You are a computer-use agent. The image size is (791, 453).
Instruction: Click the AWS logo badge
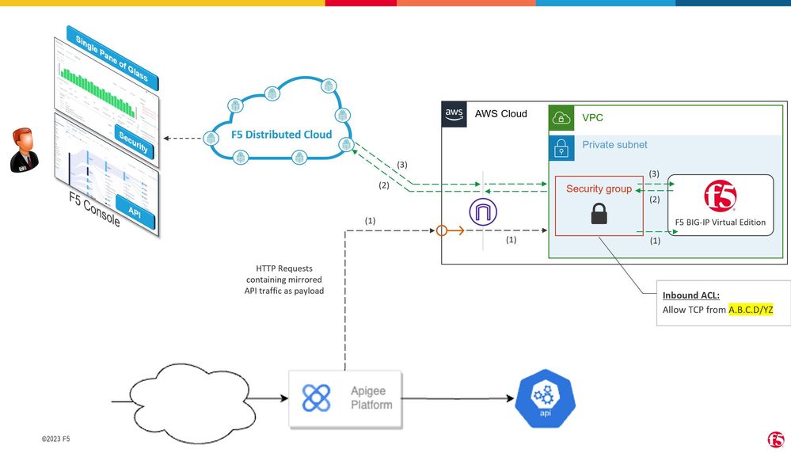pos(454,113)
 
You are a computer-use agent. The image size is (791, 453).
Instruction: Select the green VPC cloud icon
pos(561,118)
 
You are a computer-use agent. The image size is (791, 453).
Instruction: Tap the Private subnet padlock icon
pos(561,146)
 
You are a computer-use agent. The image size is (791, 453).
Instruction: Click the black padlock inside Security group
pos(599,212)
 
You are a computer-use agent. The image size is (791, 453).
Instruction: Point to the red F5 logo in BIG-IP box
pos(720,196)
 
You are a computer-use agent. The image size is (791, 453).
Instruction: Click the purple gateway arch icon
pos(482,211)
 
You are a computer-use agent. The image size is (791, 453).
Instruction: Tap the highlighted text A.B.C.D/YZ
pos(750,310)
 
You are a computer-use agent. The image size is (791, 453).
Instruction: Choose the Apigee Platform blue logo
pos(317,398)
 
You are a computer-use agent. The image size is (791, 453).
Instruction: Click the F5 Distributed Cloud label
pos(281,135)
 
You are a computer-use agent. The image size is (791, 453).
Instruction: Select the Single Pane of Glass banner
pos(112,59)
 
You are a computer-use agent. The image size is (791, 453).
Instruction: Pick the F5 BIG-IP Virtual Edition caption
pos(721,223)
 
